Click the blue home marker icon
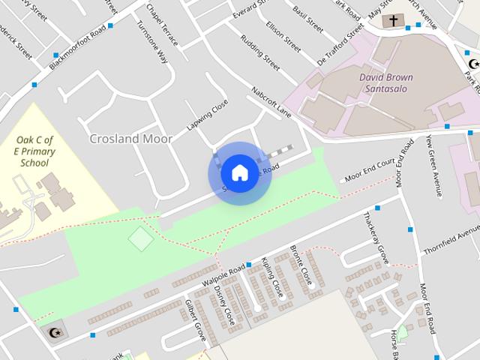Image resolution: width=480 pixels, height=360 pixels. pos(239,172)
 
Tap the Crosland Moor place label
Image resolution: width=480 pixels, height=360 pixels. pos(130,139)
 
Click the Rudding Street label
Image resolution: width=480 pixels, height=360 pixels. pos(259,53)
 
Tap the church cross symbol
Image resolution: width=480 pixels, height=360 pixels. pos(391,22)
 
